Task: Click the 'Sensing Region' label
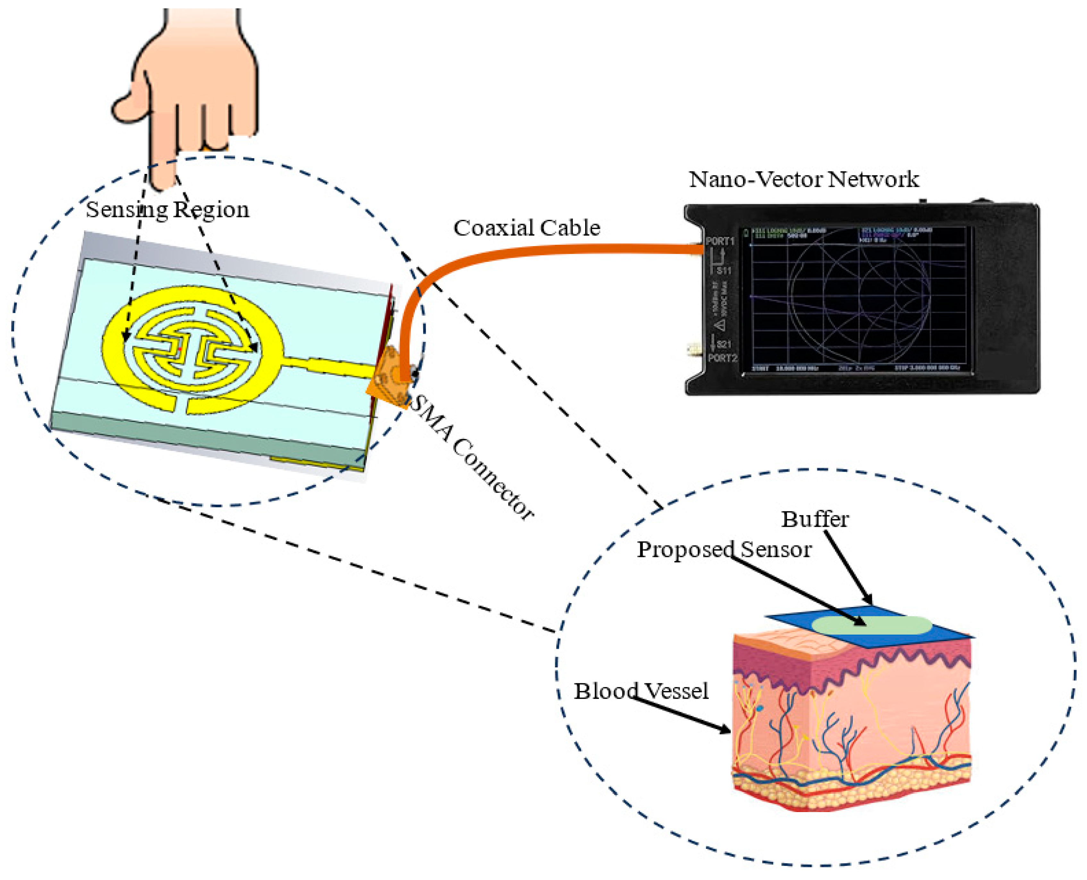pos(167,209)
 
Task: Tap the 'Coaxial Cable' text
pos(527,228)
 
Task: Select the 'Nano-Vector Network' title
pos(804,179)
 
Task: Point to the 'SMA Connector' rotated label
pos(472,457)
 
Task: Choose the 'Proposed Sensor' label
pos(724,550)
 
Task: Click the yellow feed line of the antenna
pos(330,365)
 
